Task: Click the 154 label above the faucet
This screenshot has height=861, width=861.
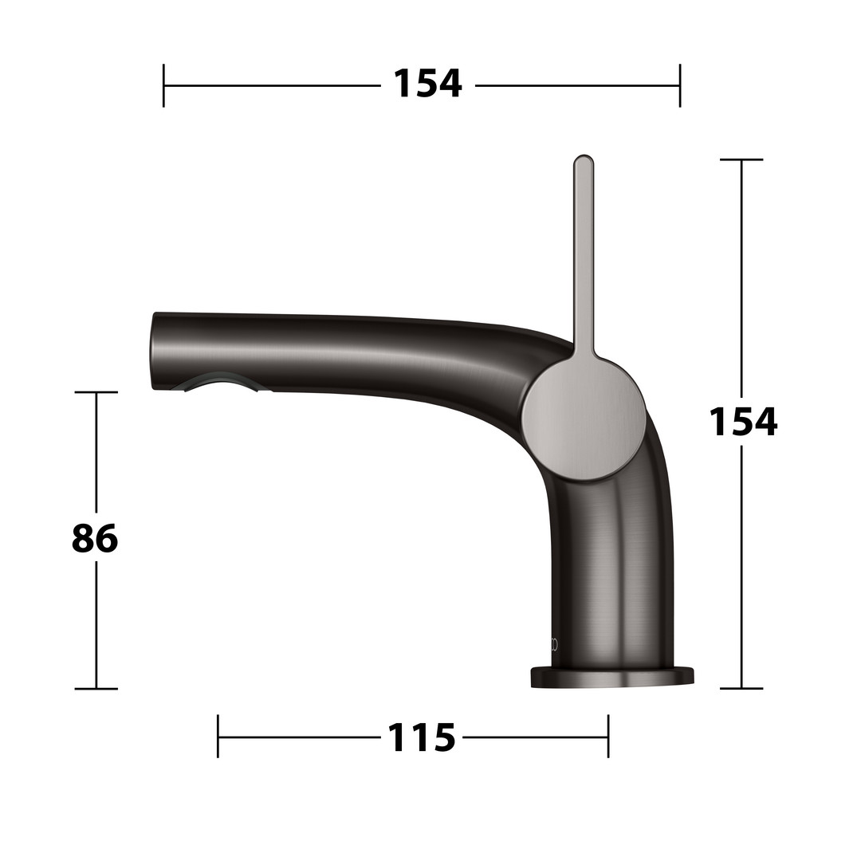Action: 428,84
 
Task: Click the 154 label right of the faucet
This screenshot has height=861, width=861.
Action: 743,422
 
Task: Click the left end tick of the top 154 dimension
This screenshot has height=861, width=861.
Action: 163,85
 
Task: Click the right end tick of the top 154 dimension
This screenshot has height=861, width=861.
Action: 680,85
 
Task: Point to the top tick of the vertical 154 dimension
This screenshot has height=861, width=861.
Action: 741,159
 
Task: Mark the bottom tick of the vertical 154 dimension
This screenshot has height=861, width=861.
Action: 741,688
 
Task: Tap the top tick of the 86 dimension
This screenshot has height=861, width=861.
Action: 96,392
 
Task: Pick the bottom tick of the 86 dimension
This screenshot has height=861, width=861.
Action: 96,688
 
